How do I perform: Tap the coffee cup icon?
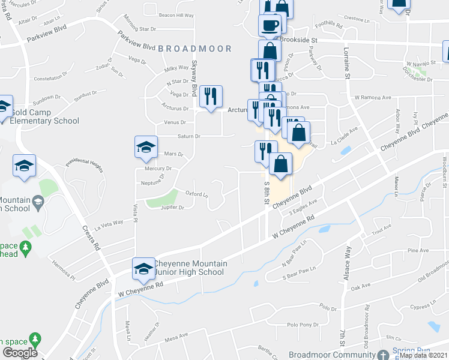click(x=270, y=26)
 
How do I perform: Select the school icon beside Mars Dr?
click(x=146, y=148)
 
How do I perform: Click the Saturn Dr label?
click(x=188, y=136)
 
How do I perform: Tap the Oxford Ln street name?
click(x=197, y=194)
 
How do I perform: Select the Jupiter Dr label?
click(x=173, y=208)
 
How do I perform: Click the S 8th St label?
click(x=266, y=193)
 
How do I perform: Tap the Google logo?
click(x=20, y=353)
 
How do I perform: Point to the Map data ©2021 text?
click(x=423, y=355)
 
